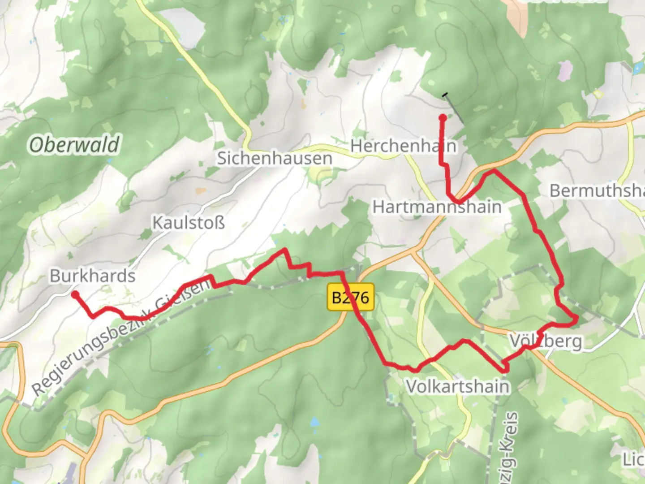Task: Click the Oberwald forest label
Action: [x=74, y=145]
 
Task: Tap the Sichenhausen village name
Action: [x=275, y=158]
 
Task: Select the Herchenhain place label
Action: [x=403, y=146]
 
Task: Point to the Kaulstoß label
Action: [x=189, y=222]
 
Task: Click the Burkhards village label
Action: [x=92, y=276]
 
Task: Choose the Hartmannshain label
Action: [x=437, y=207]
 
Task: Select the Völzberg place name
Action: [x=546, y=341]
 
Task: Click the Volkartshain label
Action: [x=457, y=386]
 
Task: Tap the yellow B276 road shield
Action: [x=351, y=297]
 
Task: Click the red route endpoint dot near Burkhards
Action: [x=75, y=294]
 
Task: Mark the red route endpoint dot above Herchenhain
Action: [x=443, y=118]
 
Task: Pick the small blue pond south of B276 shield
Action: [x=315, y=422]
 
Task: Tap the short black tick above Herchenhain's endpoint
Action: [x=445, y=95]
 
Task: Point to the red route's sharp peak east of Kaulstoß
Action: [x=284, y=250]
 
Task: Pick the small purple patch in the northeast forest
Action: [x=565, y=70]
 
